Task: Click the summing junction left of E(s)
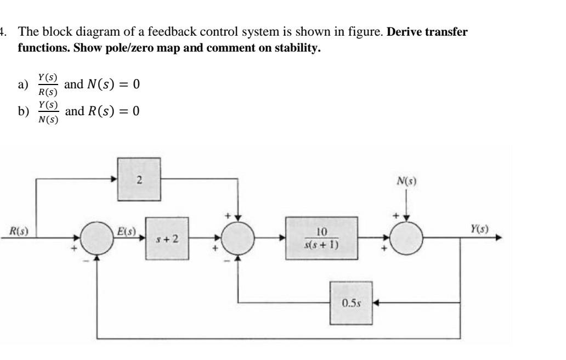click(x=97, y=239)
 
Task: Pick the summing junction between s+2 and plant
click(x=238, y=239)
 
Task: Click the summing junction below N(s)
click(x=406, y=239)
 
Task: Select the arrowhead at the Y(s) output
click(x=498, y=239)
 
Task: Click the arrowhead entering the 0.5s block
click(x=376, y=303)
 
